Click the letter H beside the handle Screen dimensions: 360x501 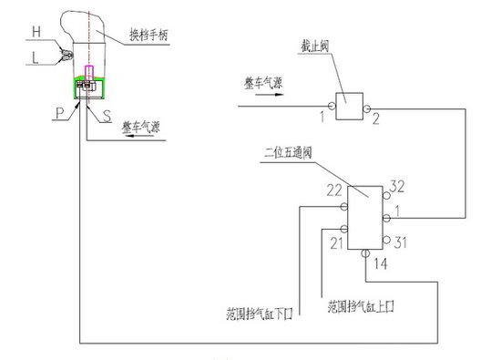36,31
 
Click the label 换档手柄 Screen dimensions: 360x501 147,34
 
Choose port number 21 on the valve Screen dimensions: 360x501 335,242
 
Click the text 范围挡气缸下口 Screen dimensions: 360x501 261,314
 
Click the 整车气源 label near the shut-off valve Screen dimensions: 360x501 265,84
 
